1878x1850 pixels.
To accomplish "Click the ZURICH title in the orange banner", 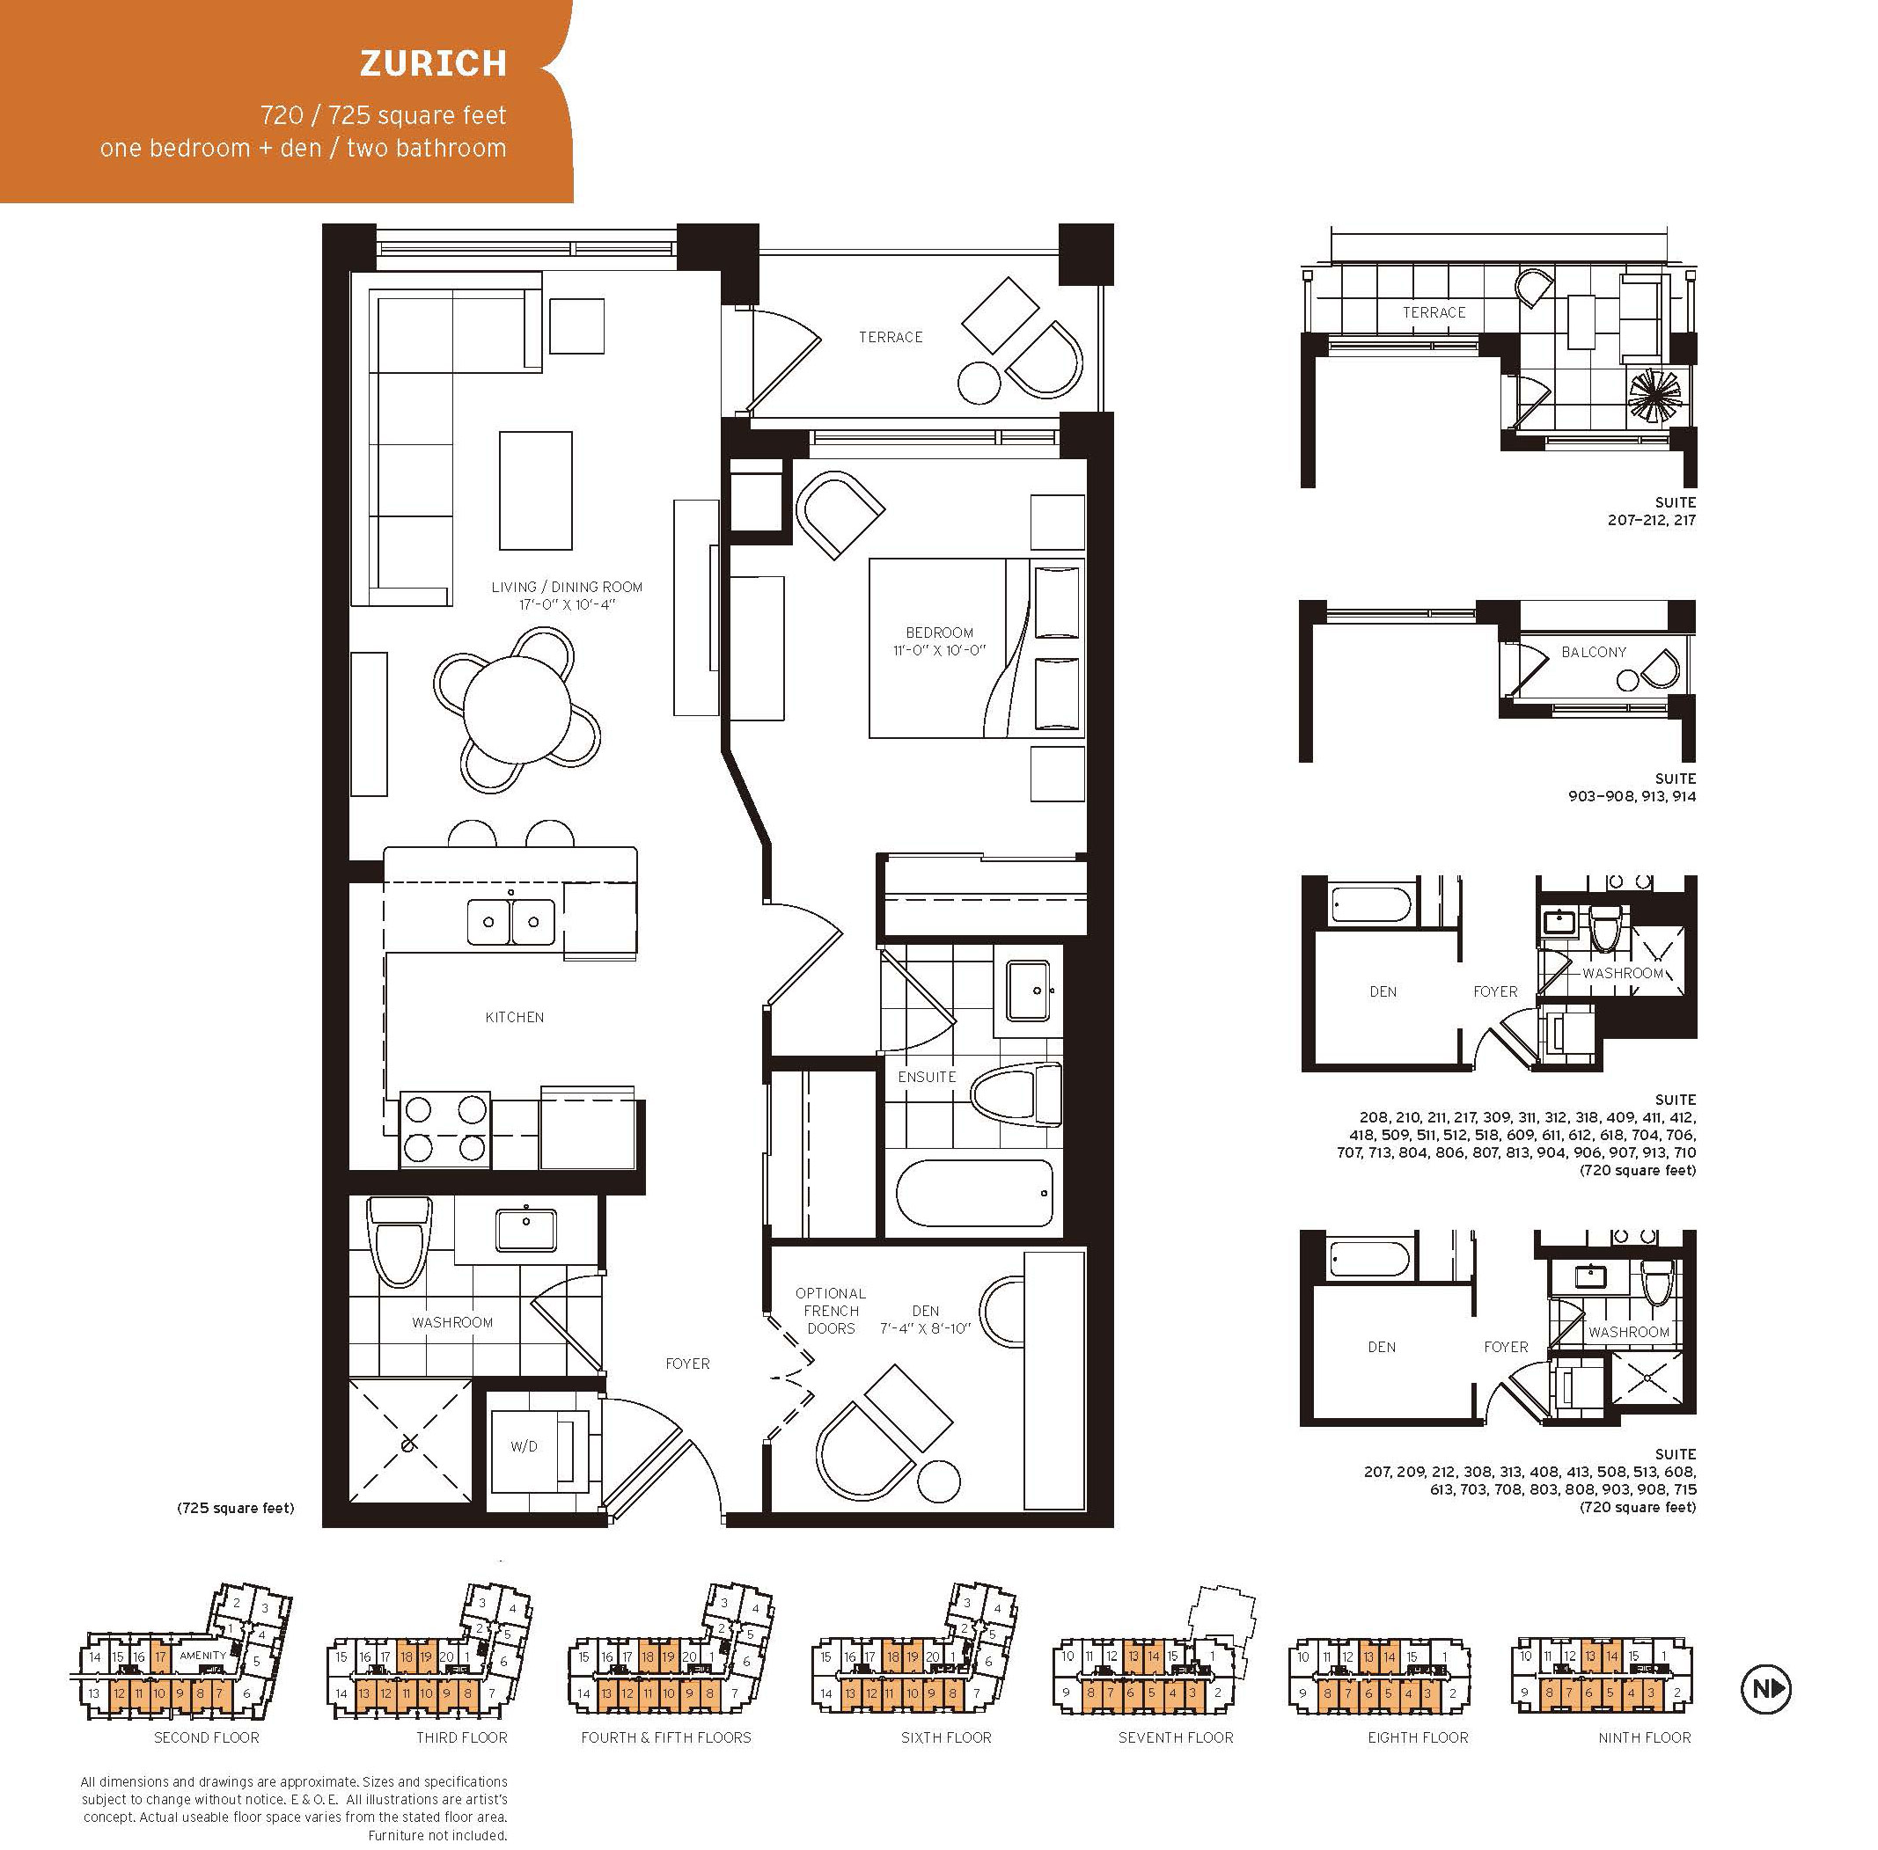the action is (434, 63).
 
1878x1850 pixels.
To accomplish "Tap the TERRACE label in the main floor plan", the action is (891, 337).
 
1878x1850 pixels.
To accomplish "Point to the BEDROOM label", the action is (939, 633).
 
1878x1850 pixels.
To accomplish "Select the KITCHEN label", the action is (514, 1017).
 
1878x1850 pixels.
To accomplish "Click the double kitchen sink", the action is (511, 921).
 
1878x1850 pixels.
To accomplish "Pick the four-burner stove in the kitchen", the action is (445, 1128).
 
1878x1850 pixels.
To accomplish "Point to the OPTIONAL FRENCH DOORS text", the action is (830, 1311).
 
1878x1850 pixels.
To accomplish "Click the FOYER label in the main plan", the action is (687, 1364).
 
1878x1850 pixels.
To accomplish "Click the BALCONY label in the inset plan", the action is (1593, 652).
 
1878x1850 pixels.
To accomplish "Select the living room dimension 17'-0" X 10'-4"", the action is (567, 605).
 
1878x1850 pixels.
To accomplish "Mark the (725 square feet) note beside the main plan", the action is (235, 1508).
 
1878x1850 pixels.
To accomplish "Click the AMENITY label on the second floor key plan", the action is (202, 1655).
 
